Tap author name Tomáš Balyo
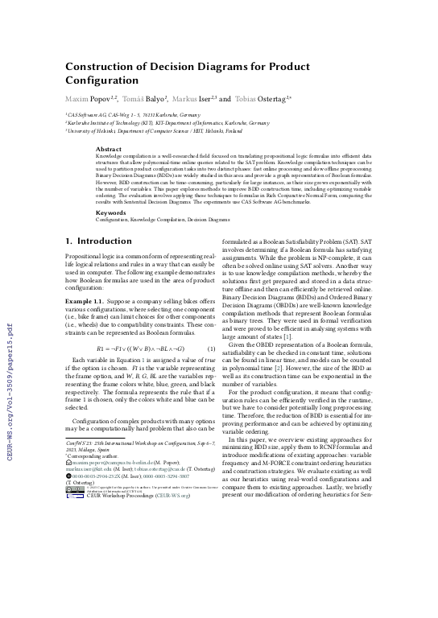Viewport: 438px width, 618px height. [x=140, y=98]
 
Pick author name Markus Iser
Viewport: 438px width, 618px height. [x=191, y=98]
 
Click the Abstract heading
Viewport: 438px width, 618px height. [x=109, y=150]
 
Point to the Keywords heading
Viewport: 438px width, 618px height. [x=111, y=212]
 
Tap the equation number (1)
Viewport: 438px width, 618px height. [x=209, y=348]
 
